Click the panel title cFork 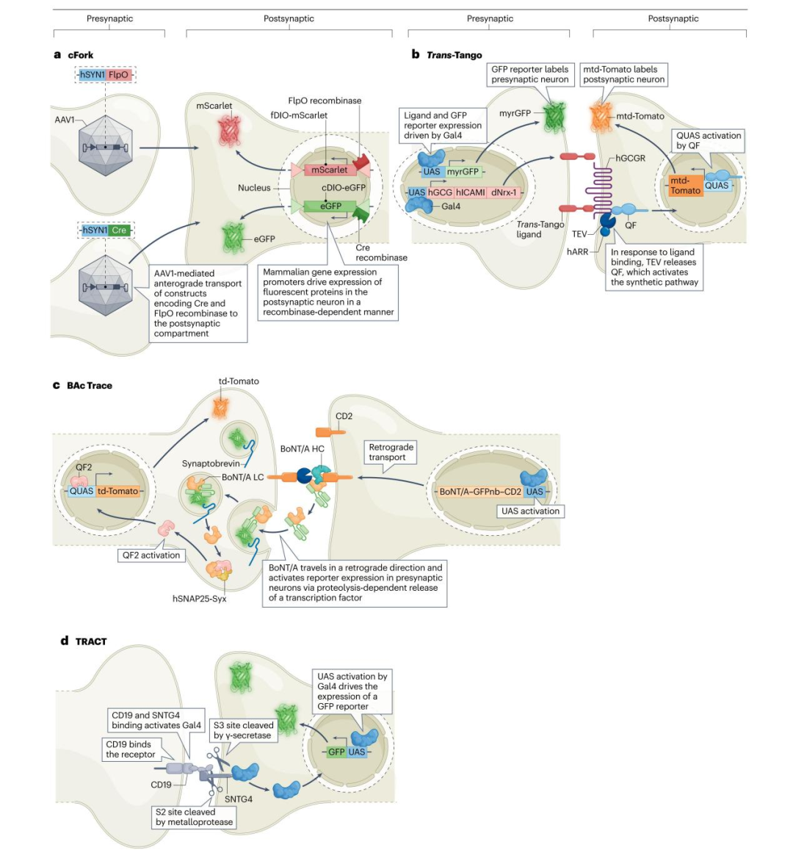tap(81, 55)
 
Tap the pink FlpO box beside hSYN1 tap(118, 75)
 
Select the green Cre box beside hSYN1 tap(119, 230)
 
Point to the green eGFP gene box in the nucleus tap(330, 206)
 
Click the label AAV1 tap(65, 120)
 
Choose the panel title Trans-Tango tap(454, 55)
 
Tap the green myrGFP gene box tap(463, 172)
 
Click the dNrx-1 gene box tap(504, 192)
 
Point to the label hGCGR tap(630, 159)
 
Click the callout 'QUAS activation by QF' tap(709, 141)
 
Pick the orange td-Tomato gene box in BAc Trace tap(117, 491)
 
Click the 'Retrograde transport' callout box tap(391, 452)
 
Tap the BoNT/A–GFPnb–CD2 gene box tap(480, 492)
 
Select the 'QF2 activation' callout tap(151, 555)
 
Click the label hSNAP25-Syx tap(199, 599)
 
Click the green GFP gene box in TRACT tap(336, 752)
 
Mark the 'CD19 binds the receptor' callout tap(131, 749)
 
